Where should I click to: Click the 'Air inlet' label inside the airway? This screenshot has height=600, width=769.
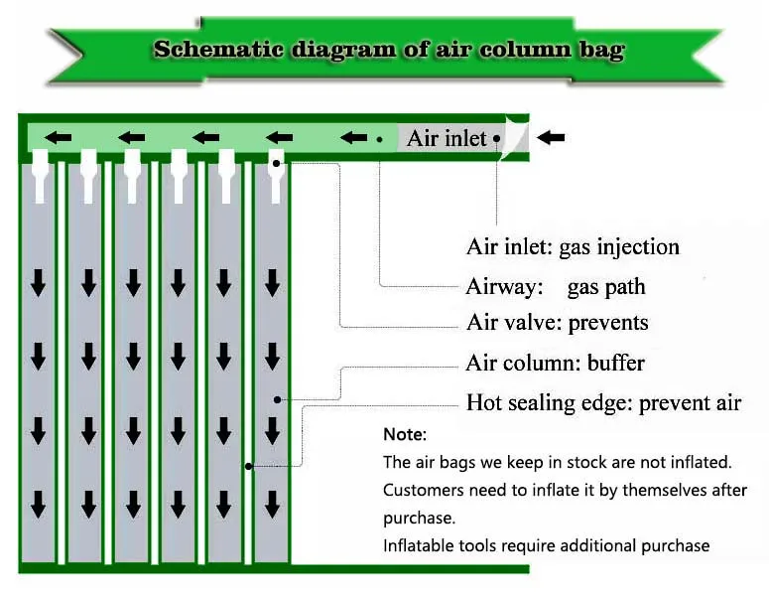pos(447,138)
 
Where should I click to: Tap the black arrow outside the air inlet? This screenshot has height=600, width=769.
pos(551,138)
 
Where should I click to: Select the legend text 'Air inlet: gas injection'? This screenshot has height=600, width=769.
pos(573,246)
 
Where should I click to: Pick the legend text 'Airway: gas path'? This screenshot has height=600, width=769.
pos(556,288)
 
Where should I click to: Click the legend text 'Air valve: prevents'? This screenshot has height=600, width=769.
pos(557,323)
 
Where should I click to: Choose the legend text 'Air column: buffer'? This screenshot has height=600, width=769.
pos(555,363)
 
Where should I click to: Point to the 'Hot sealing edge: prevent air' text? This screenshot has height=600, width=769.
pos(603,403)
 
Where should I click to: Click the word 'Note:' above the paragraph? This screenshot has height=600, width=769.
pos(405,435)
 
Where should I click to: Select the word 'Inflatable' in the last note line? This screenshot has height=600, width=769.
pos(418,545)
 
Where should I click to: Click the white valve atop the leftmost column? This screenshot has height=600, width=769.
pos(40,169)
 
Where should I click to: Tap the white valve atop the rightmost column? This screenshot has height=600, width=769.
pos(276,169)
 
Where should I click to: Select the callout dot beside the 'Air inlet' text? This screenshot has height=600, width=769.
pos(496,138)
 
